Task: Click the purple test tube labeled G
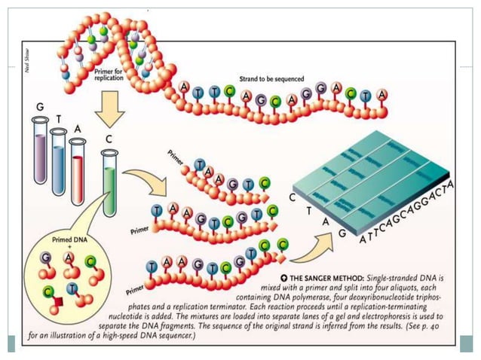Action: [38, 151]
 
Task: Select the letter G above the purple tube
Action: [39, 108]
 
